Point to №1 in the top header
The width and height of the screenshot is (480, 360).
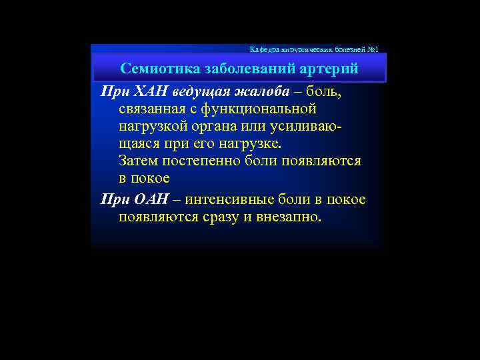pos(372,49)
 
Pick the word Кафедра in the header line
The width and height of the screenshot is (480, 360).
pos(261,49)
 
